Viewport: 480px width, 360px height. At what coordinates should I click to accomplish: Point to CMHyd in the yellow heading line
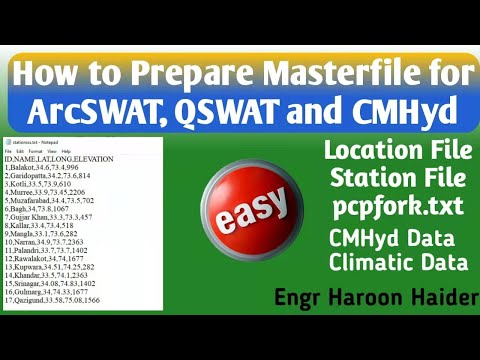pyautogui.click(x=405, y=106)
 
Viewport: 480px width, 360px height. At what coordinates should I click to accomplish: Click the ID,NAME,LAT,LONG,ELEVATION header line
pyautogui.click(x=59, y=158)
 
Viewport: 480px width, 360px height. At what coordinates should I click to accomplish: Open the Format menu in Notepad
pyautogui.click(x=36, y=150)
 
